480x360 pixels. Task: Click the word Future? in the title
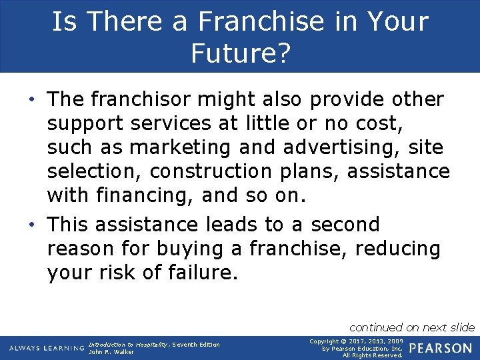[x=240, y=53]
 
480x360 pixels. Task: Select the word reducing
[x=398, y=249]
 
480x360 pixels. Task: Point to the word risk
[x=133, y=273]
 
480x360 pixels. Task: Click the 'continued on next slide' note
[x=411, y=327]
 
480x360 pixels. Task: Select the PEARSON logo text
[x=441, y=348]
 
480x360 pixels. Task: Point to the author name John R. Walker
[x=111, y=352]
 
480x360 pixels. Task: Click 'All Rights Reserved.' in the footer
[x=373, y=355]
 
